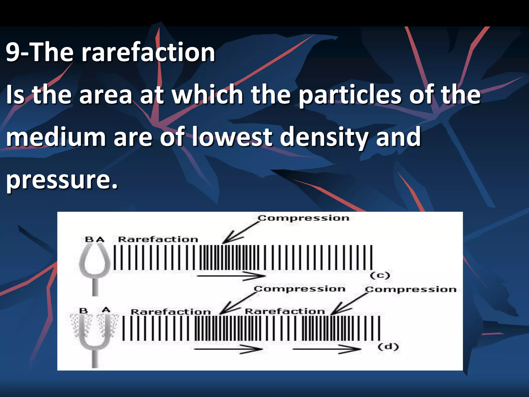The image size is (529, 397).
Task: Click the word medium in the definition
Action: pyautogui.click(x=56, y=137)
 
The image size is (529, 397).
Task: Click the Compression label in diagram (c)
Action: pyautogui.click(x=304, y=218)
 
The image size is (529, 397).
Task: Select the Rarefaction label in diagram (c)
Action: pyautogui.click(x=158, y=239)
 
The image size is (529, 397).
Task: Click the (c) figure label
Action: pyautogui.click(x=380, y=276)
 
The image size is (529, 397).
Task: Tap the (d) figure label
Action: pyautogui.click(x=388, y=346)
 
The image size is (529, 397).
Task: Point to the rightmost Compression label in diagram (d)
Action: pyautogui.click(x=411, y=289)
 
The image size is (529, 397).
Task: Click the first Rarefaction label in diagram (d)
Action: pyautogui.click(x=170, y=312)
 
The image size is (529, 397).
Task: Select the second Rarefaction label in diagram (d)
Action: pyautogui.click(x=285, y=311)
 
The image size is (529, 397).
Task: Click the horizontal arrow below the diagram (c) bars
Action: pyautogui.click(x=231, y=276)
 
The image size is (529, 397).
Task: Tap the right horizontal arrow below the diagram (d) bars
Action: pyautogui.click(x=327, y=349)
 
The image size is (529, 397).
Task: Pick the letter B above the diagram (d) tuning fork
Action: pyautogui.click(x=83, y=310)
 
